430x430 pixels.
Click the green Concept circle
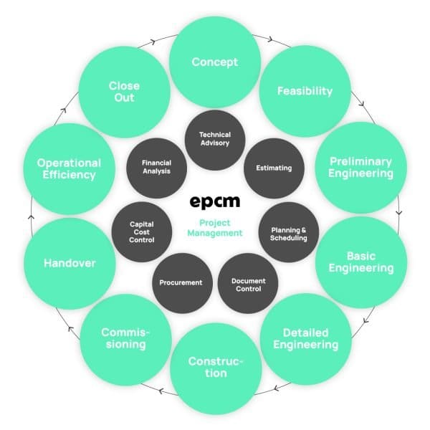tap(214, 62)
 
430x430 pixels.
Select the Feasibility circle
tap(305, 91)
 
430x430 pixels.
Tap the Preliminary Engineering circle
tap(355, 167)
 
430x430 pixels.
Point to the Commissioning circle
tap(124, 338)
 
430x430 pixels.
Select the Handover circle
tap(69, 263)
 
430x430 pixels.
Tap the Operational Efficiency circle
tap(69, 168)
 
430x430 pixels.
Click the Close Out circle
tap(124, 91)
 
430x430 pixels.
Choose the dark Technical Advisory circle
tap(215, 138)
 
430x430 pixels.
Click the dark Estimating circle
tap(274, 168)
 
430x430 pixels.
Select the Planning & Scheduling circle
tap(288, 234)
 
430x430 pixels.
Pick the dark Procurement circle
tap(181, 282)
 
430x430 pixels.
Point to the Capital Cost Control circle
tap(142, 234)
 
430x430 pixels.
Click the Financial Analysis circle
tap(156, 168)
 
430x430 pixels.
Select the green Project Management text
tap(215, 226)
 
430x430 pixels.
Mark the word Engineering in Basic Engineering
tap(360, 269)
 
